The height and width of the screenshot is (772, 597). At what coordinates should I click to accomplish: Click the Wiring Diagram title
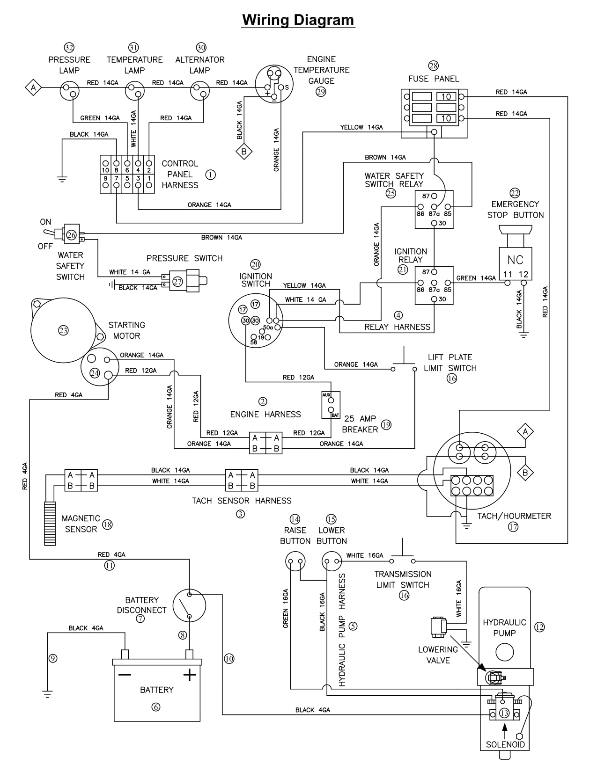coord(298,20)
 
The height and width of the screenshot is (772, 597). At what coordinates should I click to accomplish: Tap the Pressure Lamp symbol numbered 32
coord(70,91)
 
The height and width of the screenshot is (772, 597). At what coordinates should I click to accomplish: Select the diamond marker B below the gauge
coord(243,151)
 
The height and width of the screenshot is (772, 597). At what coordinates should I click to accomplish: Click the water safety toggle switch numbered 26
coord(71,235)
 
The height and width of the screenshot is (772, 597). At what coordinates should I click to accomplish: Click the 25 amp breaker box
coord(331,405)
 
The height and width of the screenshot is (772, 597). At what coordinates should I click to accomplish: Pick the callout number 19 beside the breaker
coord(386,424)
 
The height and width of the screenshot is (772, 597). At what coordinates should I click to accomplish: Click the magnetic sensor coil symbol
coord(50,523)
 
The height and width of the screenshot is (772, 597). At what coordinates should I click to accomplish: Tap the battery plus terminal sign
coord(189,675)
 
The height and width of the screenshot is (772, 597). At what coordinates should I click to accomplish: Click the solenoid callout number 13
coord(504,714)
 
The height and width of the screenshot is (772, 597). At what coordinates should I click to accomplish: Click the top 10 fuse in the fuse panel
coord(446,96)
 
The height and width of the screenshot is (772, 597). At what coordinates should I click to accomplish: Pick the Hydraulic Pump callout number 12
coord(539,627)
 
